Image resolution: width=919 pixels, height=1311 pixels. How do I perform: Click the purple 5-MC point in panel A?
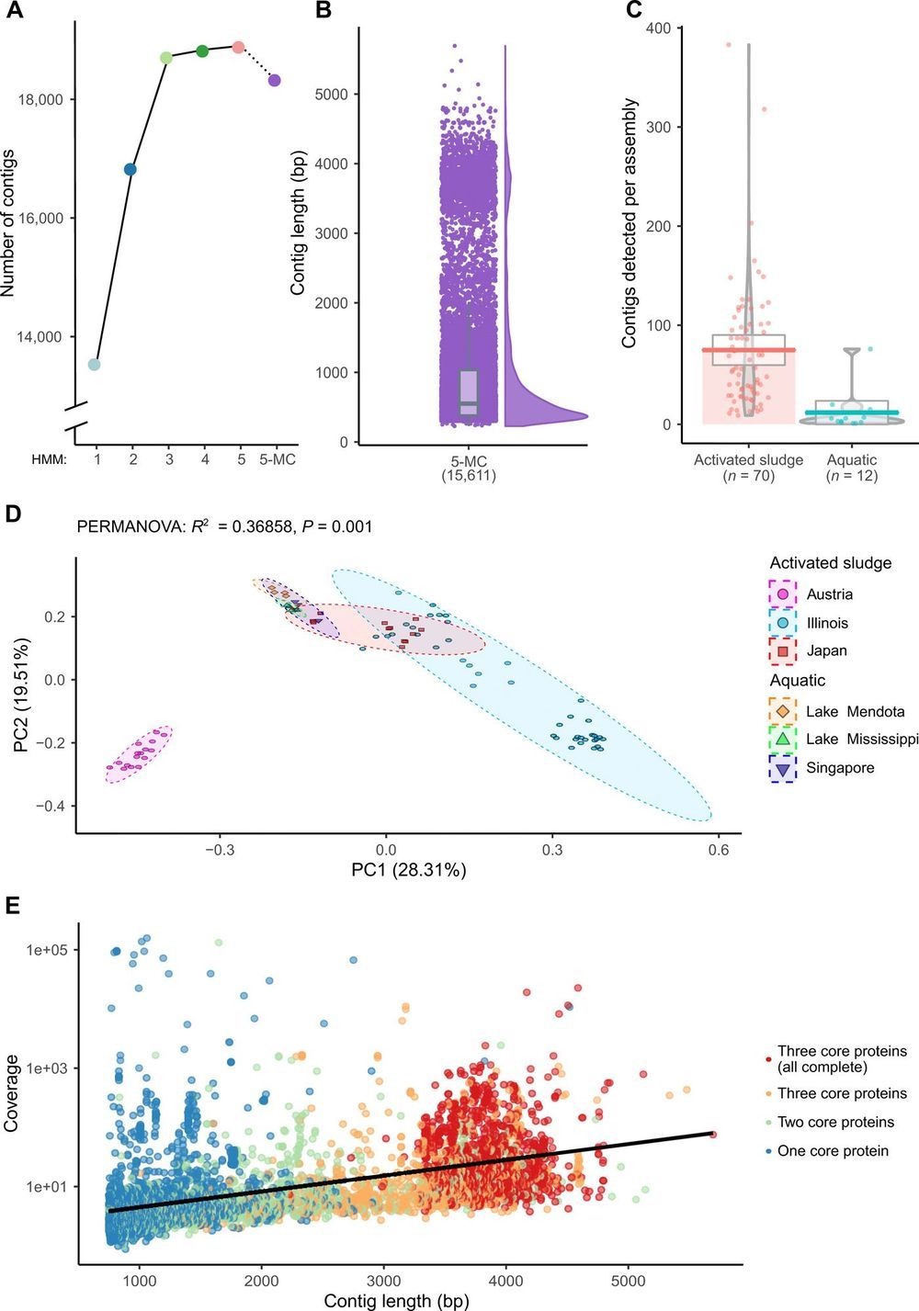coord(274,81)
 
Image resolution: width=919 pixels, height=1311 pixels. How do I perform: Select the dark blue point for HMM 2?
coord(130,169)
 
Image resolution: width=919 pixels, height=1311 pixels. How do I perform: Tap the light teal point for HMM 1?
coord(94,365)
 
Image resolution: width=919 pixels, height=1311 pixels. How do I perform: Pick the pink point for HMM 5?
coord(238,47)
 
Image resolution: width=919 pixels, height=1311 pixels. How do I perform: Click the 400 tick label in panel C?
coord(657,28)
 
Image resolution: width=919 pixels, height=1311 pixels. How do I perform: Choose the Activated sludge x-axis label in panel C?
coord(748,460)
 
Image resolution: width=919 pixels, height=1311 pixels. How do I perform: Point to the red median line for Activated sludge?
coord(749,350)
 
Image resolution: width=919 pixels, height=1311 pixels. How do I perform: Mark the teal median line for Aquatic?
coord(852,413)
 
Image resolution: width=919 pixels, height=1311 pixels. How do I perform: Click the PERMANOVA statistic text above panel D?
coord(224,526)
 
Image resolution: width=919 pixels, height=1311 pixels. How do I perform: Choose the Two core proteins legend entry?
coord(835,1122)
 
